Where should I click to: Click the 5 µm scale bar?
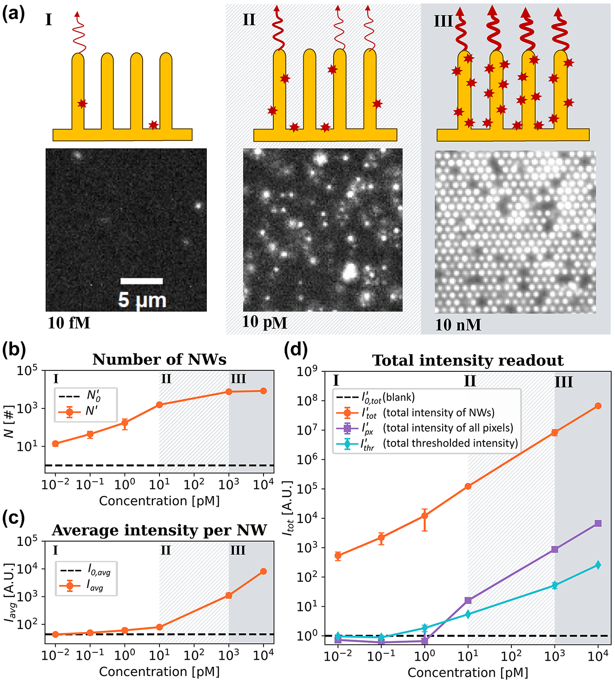click(x=141, y=281)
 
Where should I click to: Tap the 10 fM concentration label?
click(x=69, y=322)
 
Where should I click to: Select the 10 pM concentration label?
click(x=265, y=322)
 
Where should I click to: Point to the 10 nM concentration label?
click(x=458, y=325)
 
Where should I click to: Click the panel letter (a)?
click(x=13, y=13)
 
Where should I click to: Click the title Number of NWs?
click(x=159, y=360)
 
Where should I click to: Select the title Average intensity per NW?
click(x=159, y=530)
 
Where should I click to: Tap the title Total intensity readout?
click(x=468, y=361)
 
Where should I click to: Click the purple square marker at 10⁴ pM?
click(x=598, y=523)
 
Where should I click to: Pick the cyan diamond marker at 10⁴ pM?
click(x=598, y=565)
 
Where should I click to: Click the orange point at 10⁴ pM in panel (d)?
click(x=598, y=406)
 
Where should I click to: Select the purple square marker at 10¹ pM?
click(x=468, y=600)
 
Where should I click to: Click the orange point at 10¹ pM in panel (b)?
click(x=159, y=405)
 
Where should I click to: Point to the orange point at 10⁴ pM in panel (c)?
click(x=264, y=571)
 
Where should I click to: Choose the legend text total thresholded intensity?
click(x=450, y=443)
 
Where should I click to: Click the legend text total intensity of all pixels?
click(x=448, y=428)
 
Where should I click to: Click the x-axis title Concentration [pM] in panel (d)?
click(x=468, y=673)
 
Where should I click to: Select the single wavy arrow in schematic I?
click(x=79, y=33)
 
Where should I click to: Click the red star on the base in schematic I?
click(x=153, y=125)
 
